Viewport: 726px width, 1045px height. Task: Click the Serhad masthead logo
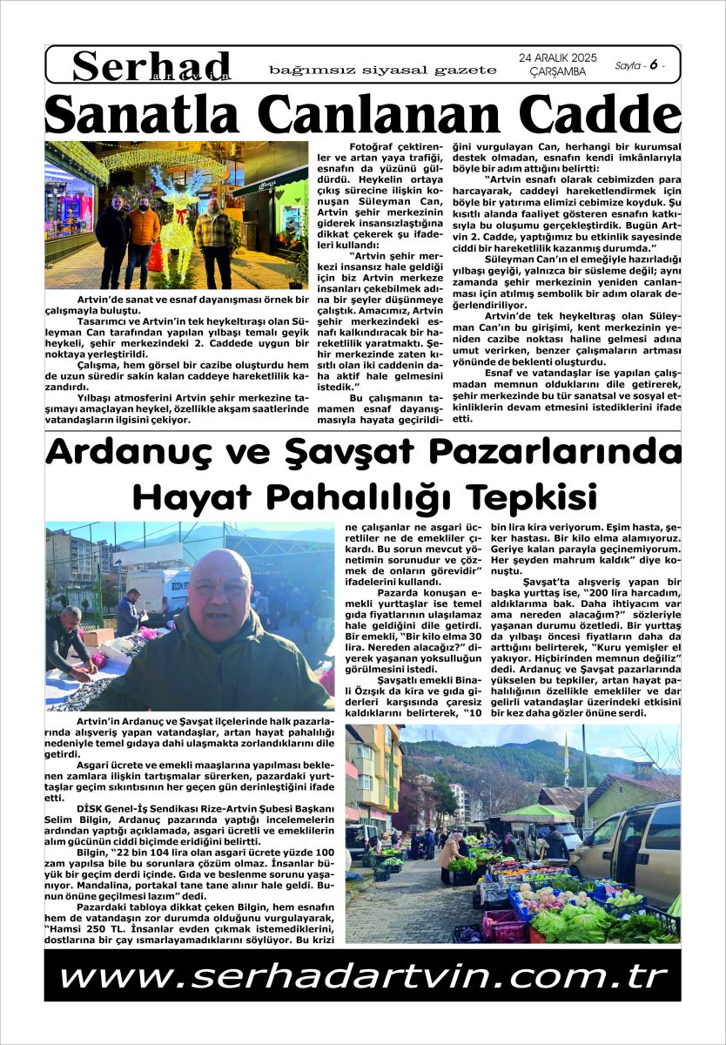(x=151, y=65)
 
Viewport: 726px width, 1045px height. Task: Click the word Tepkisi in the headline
(x=531, y=496)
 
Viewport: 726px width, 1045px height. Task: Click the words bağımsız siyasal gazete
(x=383, y=70)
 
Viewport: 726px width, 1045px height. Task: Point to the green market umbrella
(x=540, y=814)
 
